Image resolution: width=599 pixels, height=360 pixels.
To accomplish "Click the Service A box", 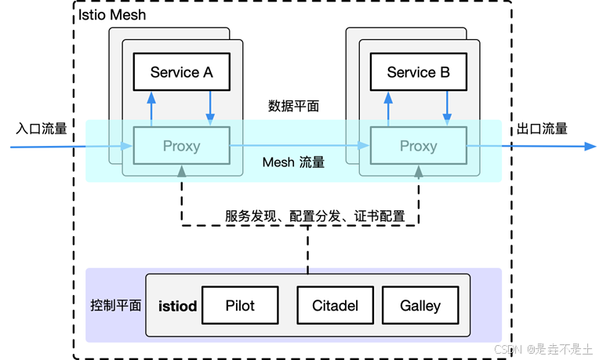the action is click(181, 72).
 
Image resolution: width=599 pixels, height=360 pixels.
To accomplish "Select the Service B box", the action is click(419, 72).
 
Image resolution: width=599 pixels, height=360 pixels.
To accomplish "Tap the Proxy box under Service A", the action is click(181, 146).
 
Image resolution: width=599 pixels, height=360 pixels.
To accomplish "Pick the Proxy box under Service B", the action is click(419, 146).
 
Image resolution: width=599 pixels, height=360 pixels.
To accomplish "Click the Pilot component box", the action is click(240, 305).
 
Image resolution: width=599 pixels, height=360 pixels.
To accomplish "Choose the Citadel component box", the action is click(335, 305).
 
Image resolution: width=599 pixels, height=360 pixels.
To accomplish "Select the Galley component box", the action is click(420, 305).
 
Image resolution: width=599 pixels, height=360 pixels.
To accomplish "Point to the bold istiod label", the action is click(178, 306).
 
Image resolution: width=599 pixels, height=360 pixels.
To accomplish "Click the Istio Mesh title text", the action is click(112, 15).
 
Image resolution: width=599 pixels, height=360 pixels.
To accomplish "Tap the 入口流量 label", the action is click(42, 129).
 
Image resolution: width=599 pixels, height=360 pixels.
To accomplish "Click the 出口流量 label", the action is click(542, 129).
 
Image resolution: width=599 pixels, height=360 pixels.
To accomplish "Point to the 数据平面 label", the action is click(293, 106).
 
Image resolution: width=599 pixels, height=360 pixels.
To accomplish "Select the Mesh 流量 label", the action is click(293, 162).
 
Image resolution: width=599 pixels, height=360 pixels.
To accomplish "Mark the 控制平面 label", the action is click(116, 305).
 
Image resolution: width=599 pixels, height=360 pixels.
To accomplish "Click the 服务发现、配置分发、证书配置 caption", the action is click(314, 216).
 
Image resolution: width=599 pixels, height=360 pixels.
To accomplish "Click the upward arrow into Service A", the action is click(151, 109).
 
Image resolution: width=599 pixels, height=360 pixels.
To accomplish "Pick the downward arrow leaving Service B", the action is click(447, 108).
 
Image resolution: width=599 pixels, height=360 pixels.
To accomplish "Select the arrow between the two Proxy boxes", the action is click(299, 145).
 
